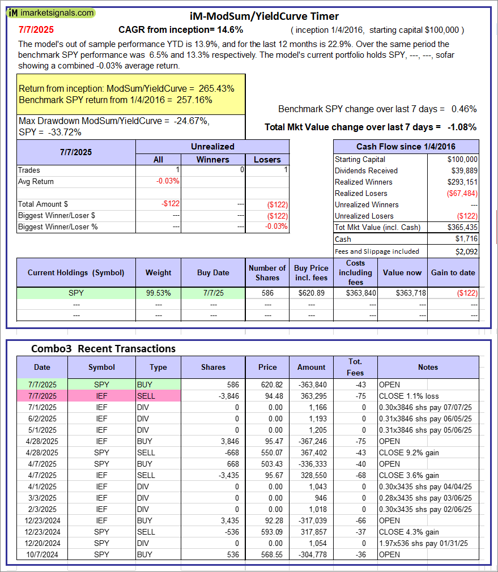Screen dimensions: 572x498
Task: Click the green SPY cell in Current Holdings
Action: (x=76, y=293)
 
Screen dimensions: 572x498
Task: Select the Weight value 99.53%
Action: (x=158, y=293)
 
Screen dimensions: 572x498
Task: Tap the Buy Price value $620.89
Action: (x=311, y=293)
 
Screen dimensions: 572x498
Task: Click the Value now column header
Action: (x=402, y=272)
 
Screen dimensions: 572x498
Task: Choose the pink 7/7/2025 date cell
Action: (x=42, y=396)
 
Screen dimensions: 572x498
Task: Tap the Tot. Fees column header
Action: (x=355, y=367)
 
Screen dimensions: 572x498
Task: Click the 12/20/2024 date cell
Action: (x=42, y=543)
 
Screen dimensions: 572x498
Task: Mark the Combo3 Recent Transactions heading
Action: (x=103, y=348)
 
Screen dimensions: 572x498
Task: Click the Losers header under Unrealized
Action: (x=267, y=159)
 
